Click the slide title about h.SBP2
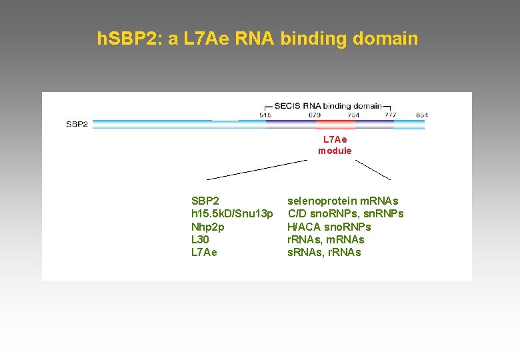point(257,39)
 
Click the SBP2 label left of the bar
point(77,124)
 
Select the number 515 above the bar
point(265,115)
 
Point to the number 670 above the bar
point(315,115)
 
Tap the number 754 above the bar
point(353,115)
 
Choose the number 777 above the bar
point(391,115)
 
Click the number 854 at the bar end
point(421,115)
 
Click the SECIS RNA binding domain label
point(328,105)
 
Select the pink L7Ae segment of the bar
point(335,124)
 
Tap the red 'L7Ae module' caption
point(335,145)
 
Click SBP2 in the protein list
point(205,201)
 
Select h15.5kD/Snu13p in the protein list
point(232,213)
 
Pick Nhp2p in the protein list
point(208,227)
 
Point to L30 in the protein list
point(200,239)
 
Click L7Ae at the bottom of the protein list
point(204,252)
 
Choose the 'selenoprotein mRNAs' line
point(343,201)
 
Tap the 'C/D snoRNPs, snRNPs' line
point(345,213)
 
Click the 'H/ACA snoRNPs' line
point(329,227)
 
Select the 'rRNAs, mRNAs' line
point(326,239)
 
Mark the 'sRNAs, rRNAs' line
point(324,252)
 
